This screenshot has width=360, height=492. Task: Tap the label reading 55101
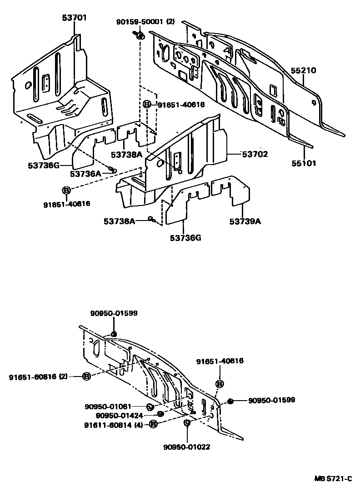(303, 163)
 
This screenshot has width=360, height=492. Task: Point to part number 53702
(255, 155)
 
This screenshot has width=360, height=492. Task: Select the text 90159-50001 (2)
(145, 21)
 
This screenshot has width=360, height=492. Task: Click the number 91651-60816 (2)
(38, 377)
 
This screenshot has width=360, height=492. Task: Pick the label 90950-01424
(120, 415)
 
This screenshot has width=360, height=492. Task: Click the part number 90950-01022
(186, 447)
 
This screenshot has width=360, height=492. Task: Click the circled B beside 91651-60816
(86, 377)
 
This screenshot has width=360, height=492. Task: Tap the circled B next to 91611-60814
(153, 424)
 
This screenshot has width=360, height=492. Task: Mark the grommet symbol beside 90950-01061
(150, 406)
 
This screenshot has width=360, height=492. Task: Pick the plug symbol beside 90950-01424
(160, 414)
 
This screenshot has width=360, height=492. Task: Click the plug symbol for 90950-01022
(187, 424)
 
